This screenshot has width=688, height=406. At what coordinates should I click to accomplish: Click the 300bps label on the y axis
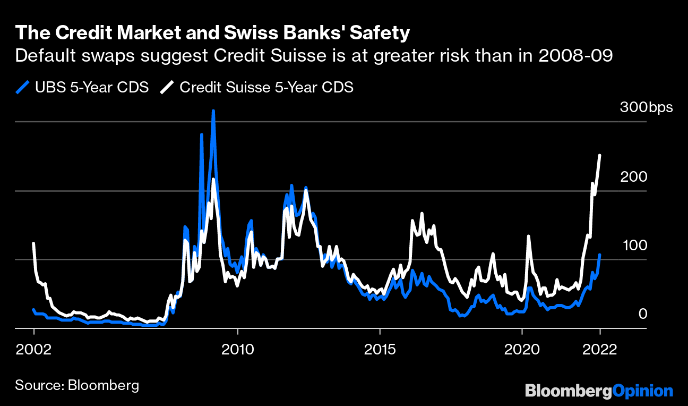646,107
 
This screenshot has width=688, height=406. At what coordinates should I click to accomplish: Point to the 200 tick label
633,176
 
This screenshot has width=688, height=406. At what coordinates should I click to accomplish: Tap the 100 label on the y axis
633,246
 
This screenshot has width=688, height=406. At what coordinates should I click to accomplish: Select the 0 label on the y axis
642,314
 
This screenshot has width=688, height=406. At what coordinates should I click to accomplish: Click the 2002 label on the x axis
34,350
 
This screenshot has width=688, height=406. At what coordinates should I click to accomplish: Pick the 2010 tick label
238,350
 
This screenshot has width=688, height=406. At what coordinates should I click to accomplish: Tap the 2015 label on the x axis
380,350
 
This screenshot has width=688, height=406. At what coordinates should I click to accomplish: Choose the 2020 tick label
522,350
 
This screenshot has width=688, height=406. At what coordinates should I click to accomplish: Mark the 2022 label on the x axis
600,350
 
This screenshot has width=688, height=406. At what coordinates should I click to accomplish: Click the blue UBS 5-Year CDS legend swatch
22,87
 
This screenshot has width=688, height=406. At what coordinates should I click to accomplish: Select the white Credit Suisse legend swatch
167,87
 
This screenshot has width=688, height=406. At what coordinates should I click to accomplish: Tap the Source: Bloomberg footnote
77,385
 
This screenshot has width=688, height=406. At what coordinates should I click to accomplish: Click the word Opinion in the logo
642,391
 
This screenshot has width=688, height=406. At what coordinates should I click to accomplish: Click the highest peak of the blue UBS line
213,111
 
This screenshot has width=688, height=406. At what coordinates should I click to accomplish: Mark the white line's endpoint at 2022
599,155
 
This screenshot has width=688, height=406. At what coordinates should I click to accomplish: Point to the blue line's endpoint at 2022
600,255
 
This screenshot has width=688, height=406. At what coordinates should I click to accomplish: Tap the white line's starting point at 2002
33,243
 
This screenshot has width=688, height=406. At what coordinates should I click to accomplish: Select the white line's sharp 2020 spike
529,236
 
